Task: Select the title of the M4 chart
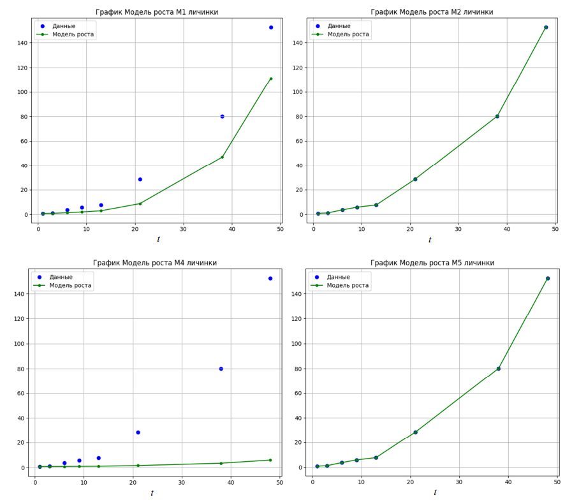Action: click(154, 263)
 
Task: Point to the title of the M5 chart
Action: click(432, 263)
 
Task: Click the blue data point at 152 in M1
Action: click(271, 27)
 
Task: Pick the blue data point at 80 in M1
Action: click(222, 116)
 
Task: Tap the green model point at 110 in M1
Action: click(271, 79)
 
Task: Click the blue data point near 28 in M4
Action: click(138, 432)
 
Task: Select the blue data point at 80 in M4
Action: click(221, 369)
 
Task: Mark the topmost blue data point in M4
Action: click(270, 278)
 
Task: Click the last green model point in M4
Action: click(270, 460)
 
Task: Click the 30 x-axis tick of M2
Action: click(458, 229)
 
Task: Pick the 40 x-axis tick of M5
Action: click(508, 482)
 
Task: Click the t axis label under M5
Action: click(435, 492)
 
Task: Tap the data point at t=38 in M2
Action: click(497, 116)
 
